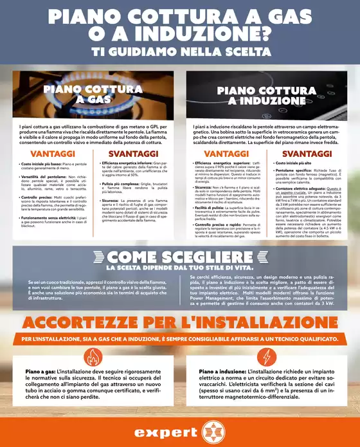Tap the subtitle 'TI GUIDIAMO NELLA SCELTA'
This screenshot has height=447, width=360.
[x=180, y=51]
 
